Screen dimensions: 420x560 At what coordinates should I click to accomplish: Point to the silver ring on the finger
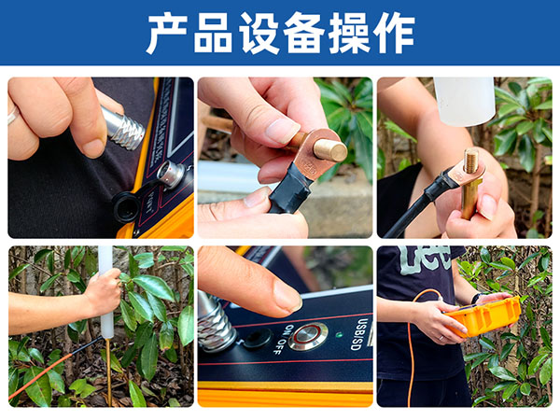click(x=13, y=116)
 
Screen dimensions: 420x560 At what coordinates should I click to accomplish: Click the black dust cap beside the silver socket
click(x=128, y=205)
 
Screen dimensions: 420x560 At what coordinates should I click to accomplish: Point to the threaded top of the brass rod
click(x=471, y=162)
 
